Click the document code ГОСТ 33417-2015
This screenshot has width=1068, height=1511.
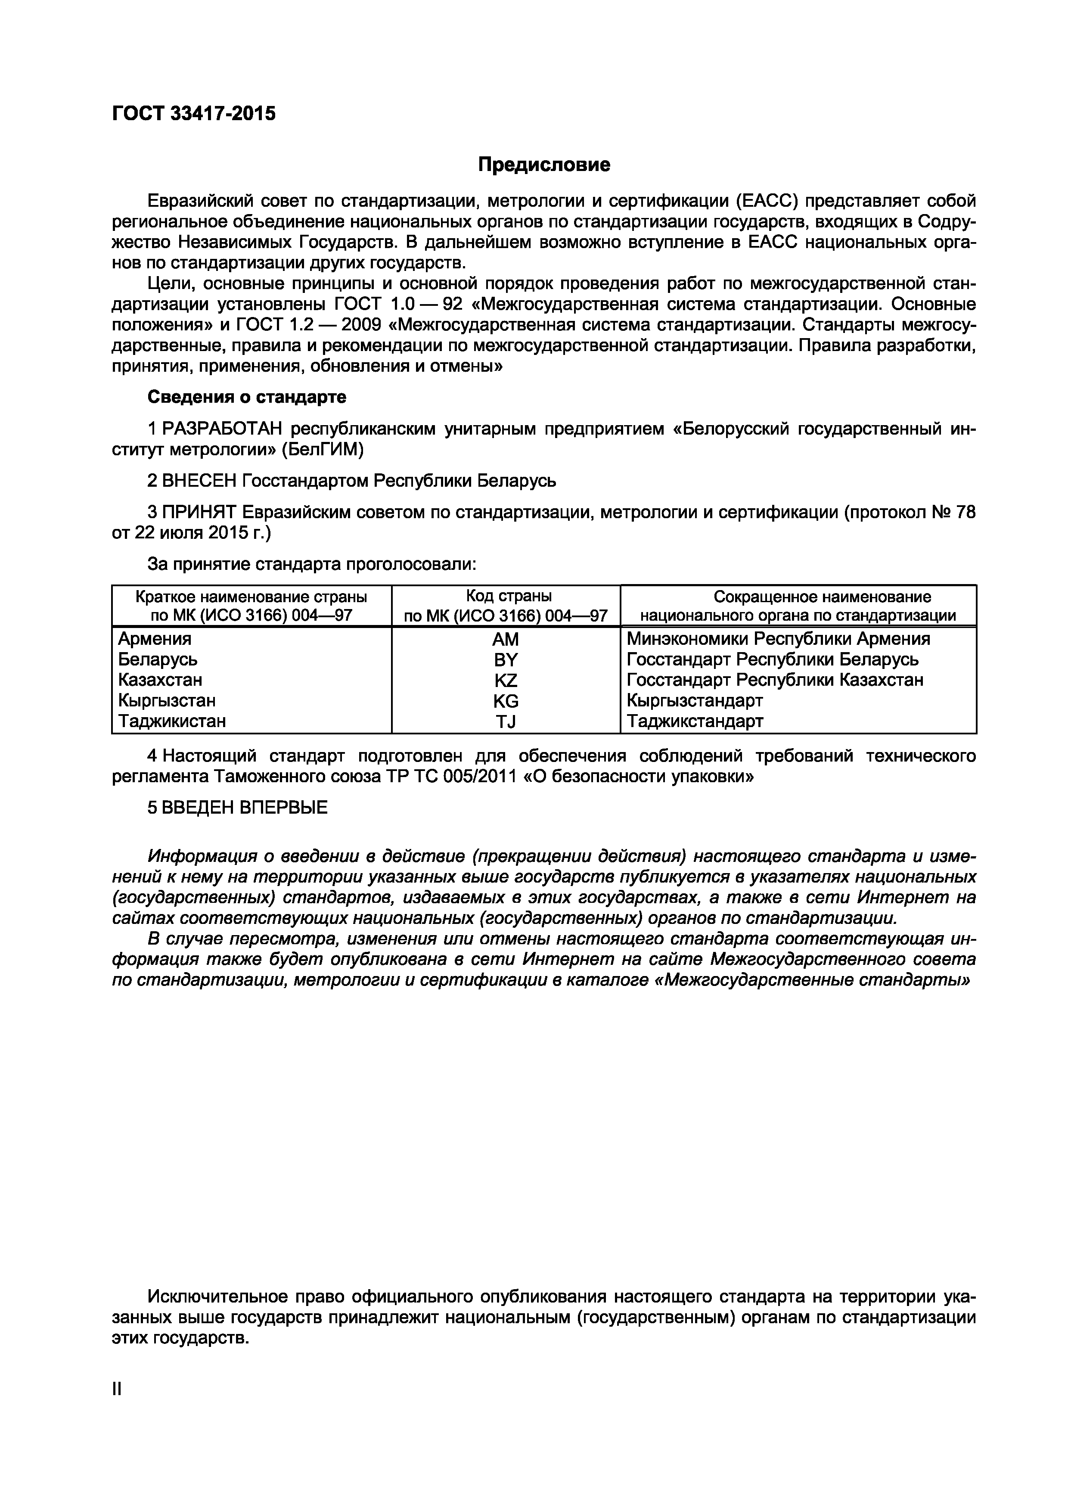pos(193,114)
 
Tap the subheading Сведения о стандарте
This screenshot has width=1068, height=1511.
pos(247,398)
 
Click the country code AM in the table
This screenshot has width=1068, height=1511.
pos(506,639)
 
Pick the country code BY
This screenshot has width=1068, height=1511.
pos(506,659)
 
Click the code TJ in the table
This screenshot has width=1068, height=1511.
pos(506,722)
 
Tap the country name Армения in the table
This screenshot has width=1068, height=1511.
pos(155,639)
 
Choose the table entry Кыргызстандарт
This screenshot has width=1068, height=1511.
pos(695,700)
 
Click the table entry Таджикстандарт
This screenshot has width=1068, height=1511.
pos(695,721)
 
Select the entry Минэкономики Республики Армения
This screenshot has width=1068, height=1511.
pos(779,639)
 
